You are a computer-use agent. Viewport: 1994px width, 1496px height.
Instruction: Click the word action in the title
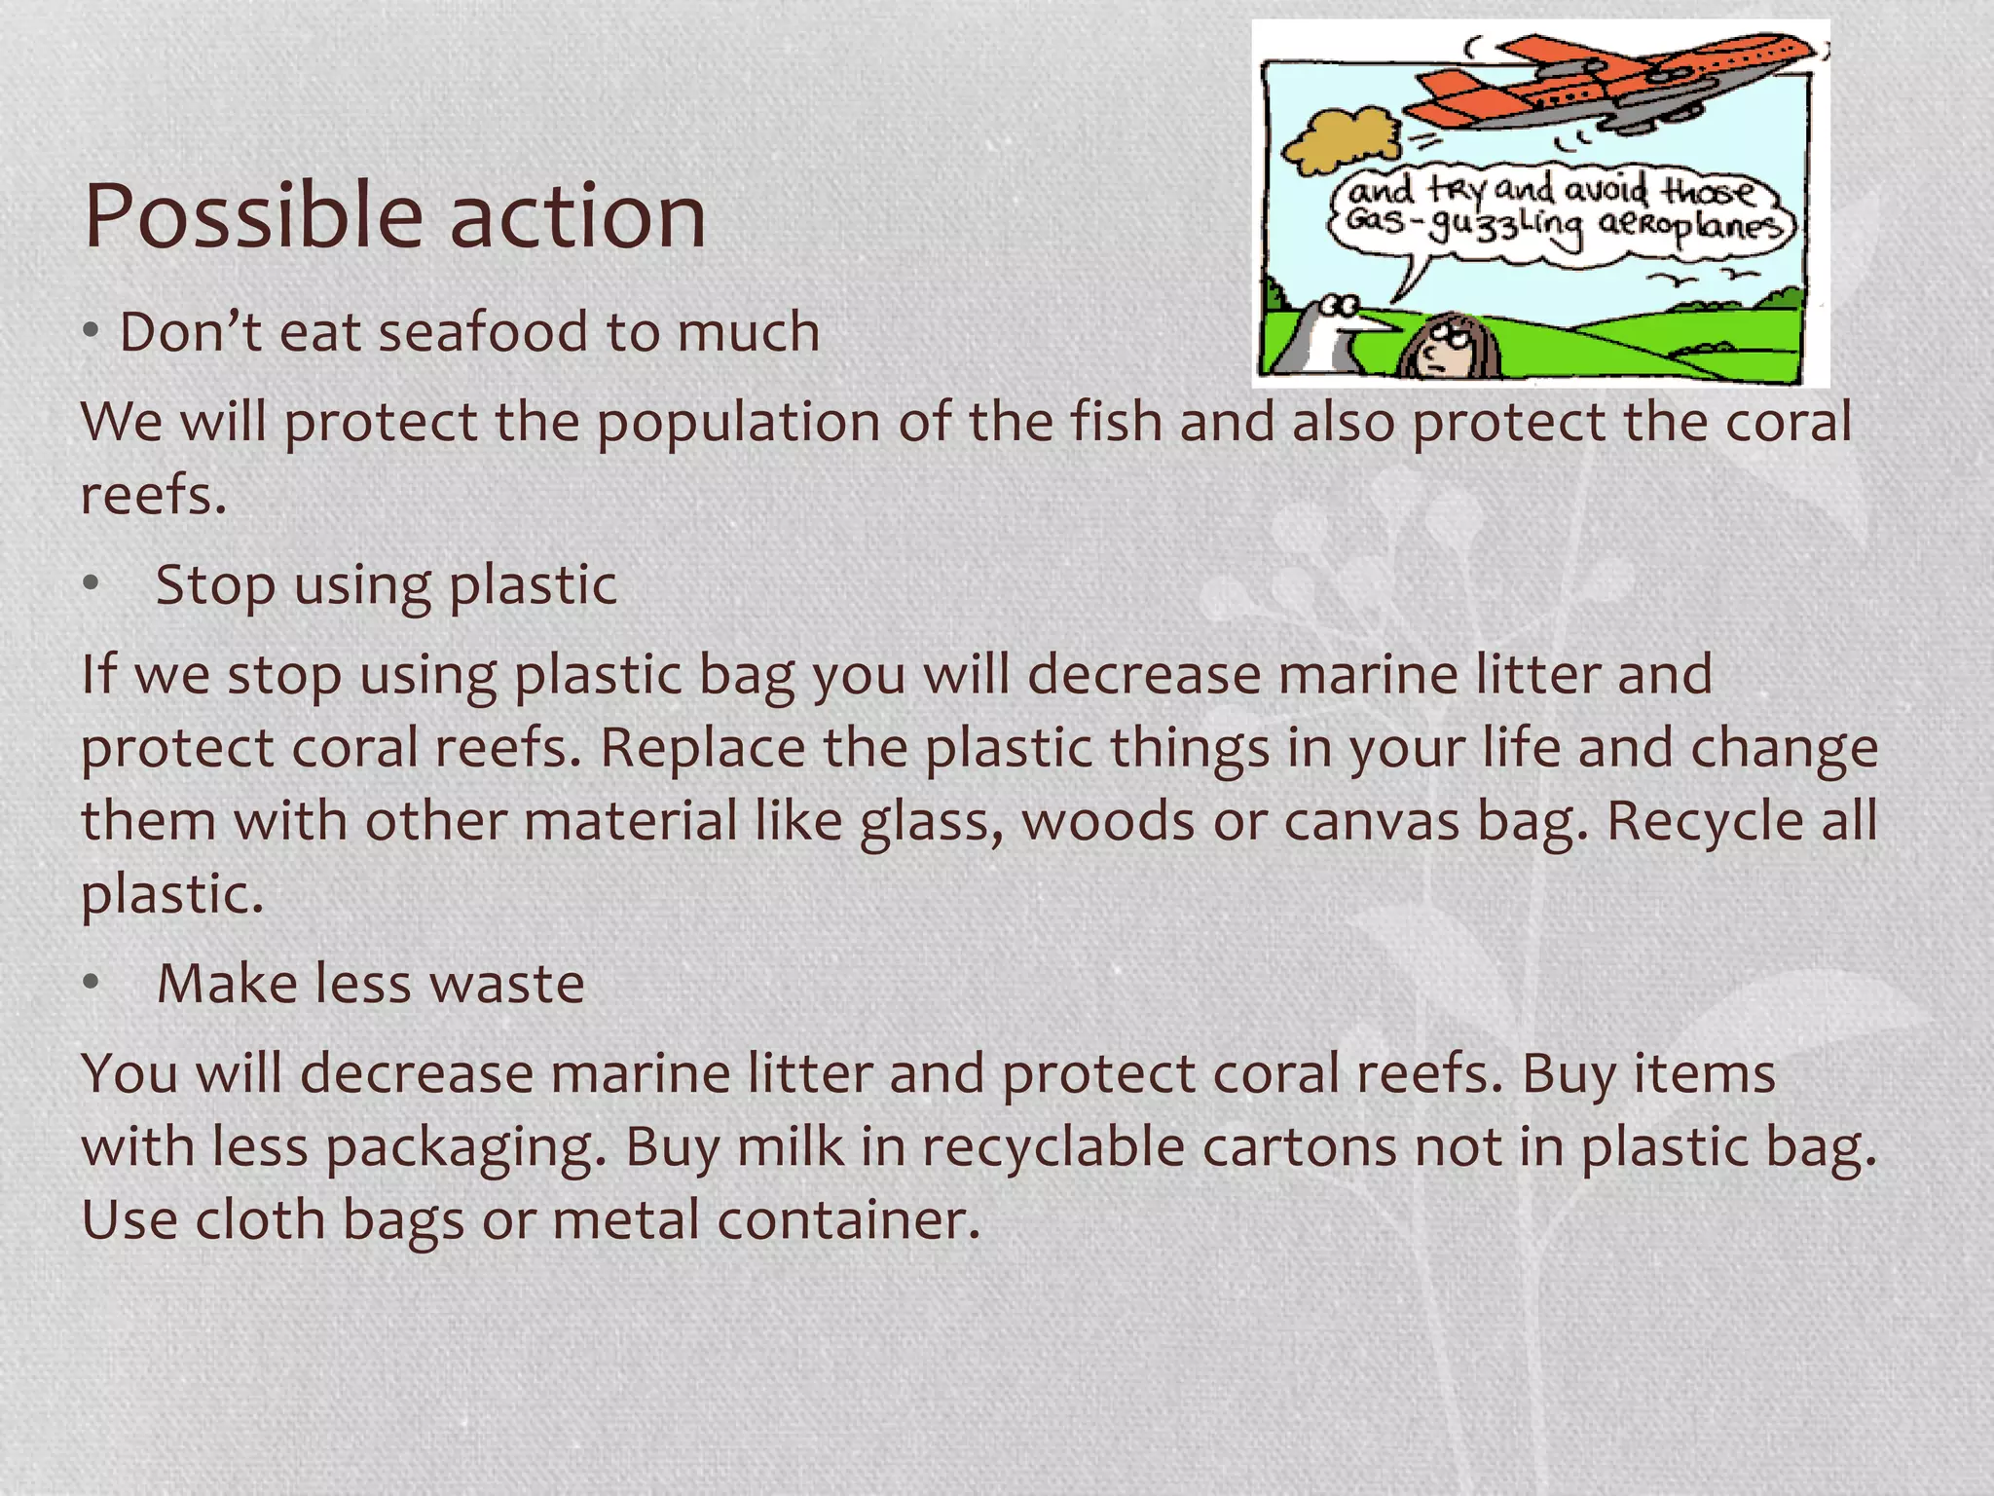[577, 216]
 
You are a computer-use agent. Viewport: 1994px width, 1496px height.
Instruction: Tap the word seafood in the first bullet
[483, 332]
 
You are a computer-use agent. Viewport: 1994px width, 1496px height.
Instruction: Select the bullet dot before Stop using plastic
[92, 584]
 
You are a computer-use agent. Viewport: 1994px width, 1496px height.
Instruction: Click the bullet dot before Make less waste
[92, 983]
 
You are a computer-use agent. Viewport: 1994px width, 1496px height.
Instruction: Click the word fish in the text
[1116, 423]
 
